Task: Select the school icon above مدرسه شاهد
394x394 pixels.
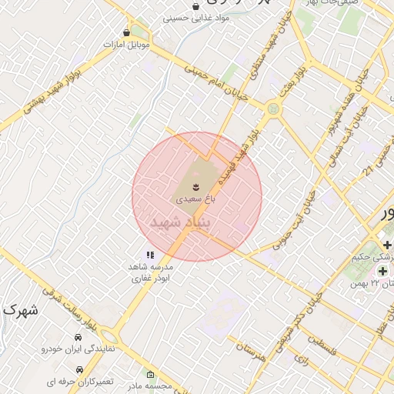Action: click(x=151, y=255)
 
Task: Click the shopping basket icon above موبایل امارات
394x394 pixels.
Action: click(x=127, y=32)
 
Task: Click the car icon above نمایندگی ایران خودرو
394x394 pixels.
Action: click(x=78, y=337)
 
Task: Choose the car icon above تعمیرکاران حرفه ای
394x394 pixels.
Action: click(x=92, y=369)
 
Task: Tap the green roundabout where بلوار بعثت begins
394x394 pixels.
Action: click(x=272, y=109)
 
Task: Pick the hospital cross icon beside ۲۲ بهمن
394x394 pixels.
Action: click(x=382, y=271)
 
